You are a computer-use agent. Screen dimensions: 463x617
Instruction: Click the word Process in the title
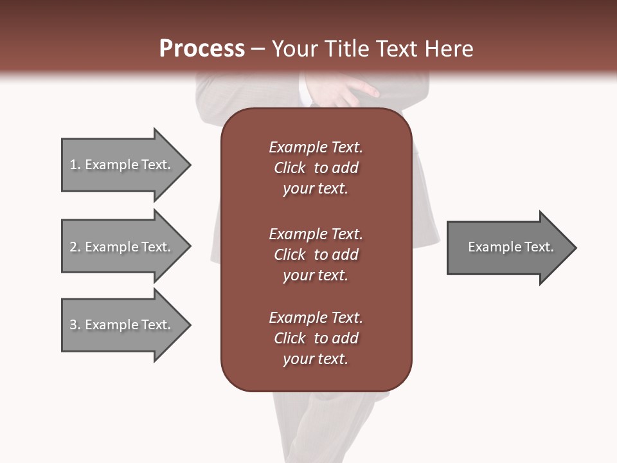click(x=202, y=49)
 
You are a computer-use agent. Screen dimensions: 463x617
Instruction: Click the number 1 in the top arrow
click(x=73, y=165)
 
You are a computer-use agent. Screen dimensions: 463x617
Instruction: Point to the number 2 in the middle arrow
click(x=73, y=247)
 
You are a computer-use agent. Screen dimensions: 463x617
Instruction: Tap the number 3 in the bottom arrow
click(x=73, y=325)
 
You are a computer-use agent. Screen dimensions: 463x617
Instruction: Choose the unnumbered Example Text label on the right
click(x=510, y=247)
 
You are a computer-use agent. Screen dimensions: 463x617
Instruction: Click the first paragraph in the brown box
click(x=316, y=168)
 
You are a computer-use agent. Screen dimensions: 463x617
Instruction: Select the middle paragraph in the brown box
click(x=316, y=255)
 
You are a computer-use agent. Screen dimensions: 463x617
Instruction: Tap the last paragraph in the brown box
click(x=316, y=338)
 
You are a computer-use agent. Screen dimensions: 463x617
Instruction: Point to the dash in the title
click(x=258, y=49)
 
